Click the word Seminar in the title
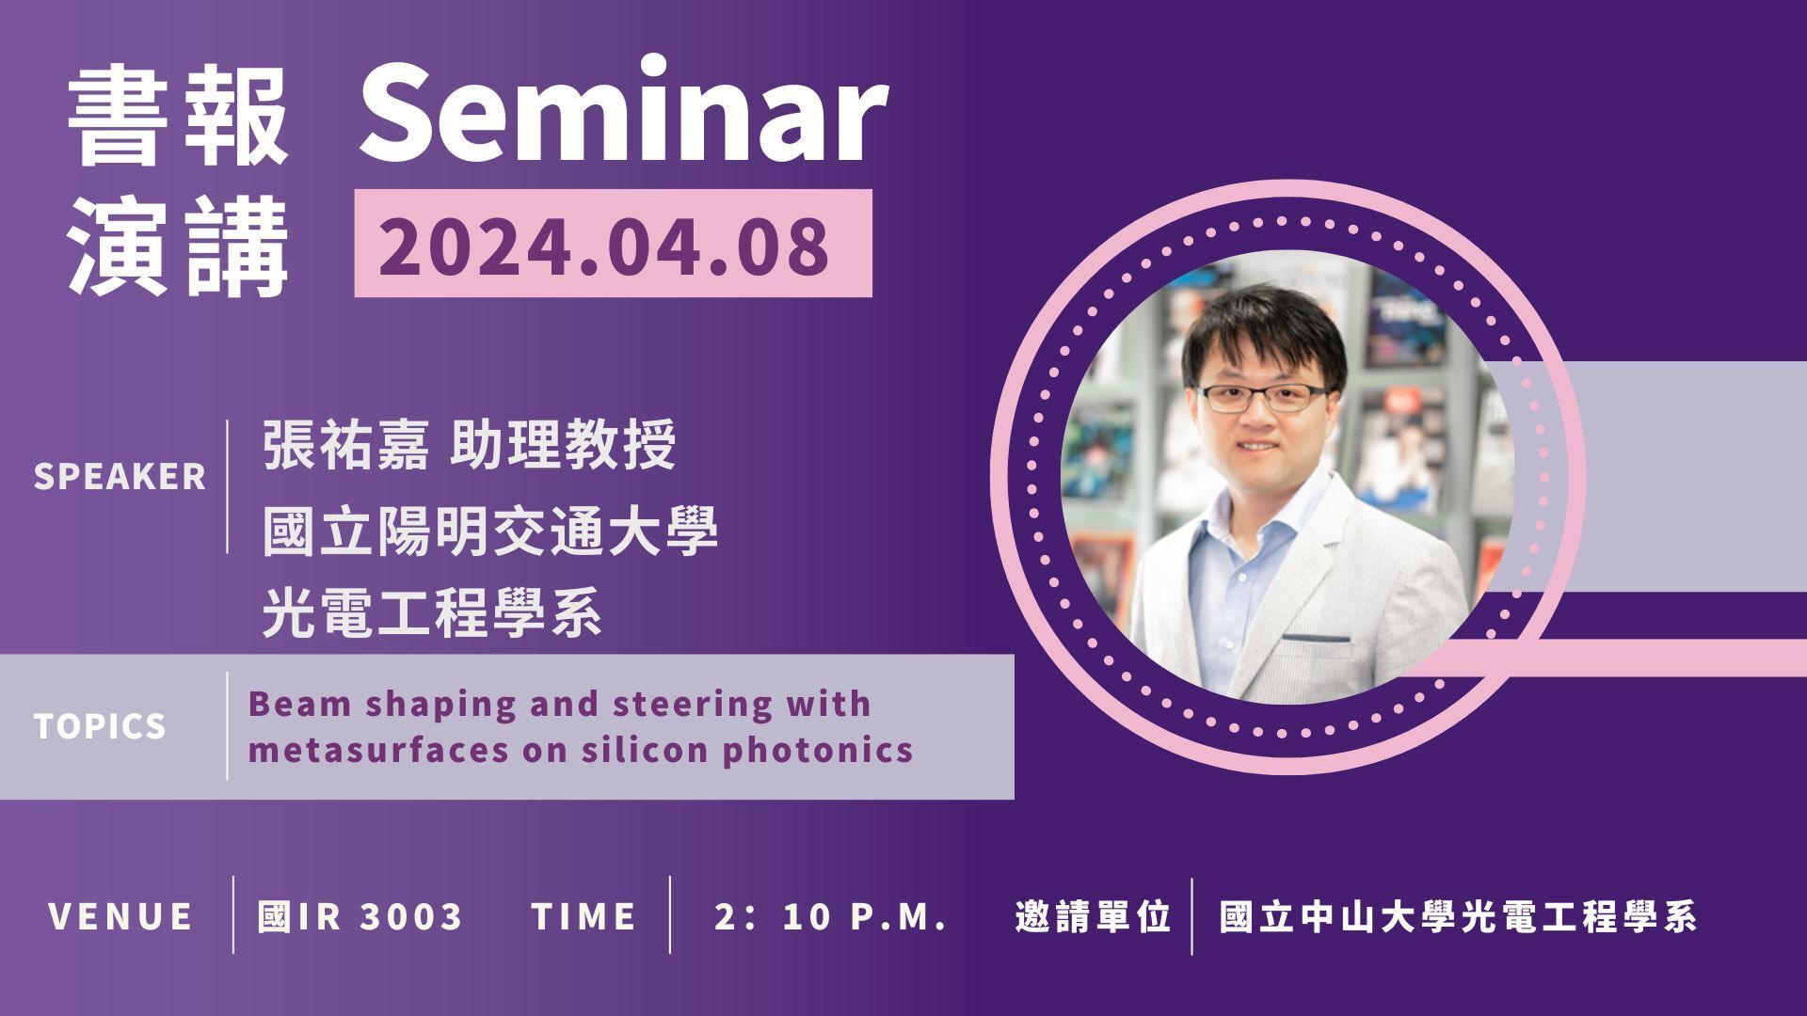click(622, 112)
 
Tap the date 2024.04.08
click(604, 245)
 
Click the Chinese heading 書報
click(178, 120)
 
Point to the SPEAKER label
click(120, 477)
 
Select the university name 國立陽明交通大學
click(489, 531)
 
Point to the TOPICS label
click(100, 726)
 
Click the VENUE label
click(120, 916)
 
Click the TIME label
click(584, 916)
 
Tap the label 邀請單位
click(1093, 916)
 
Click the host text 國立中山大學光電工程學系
click(1458, 916)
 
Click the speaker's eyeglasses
click(1263, 397)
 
